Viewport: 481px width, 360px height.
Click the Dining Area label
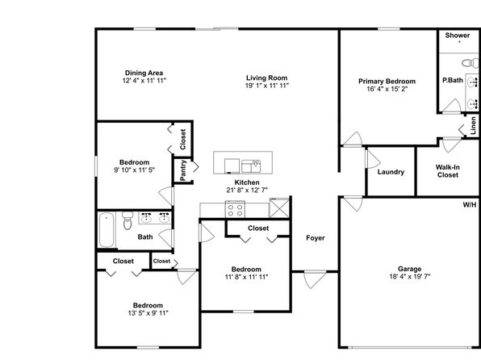[x=144, y=73]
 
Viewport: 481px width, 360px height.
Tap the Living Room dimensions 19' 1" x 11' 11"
[x=267, y=86]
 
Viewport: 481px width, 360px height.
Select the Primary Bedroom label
[x=387, y=82]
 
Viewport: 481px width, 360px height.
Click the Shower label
[x=458, y=36]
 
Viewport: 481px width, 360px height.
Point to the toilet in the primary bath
[x=470, y=63]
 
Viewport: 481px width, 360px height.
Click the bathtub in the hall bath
[x=107, y=229]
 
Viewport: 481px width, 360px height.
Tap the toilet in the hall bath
[x=128, y=220]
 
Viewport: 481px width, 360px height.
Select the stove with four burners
[x=236, y=209]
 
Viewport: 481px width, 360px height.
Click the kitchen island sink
[x=251, y=166]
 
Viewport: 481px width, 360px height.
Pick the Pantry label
[x=183, y=170]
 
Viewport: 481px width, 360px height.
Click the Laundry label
[x=391, y=172]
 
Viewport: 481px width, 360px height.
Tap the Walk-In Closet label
[x=448, y=171]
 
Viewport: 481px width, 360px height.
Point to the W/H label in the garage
[x=470, y=205]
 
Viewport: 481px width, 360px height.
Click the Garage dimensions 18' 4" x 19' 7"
[x=409, y=276]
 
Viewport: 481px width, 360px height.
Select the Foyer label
[x=315, y=238]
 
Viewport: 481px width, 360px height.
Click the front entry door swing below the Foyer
[x=315, y=279]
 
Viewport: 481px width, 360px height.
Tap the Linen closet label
[x=473, y=125]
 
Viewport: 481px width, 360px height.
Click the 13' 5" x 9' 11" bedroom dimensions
[x=148, y=313]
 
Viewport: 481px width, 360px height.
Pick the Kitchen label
[x=247, y=182]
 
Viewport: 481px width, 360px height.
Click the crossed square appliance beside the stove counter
[x=279, y=207]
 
